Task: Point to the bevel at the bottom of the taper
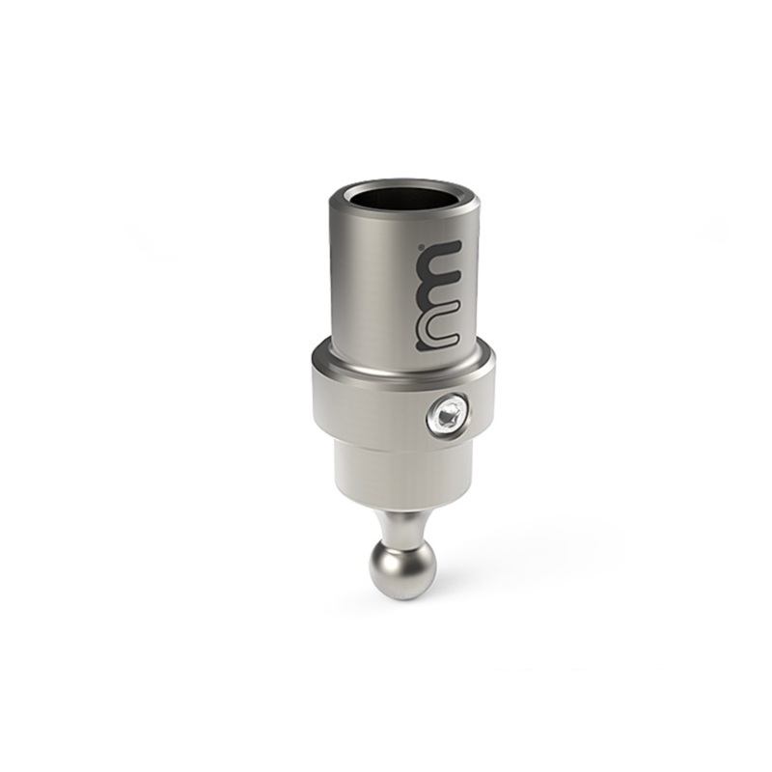[386, 503]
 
